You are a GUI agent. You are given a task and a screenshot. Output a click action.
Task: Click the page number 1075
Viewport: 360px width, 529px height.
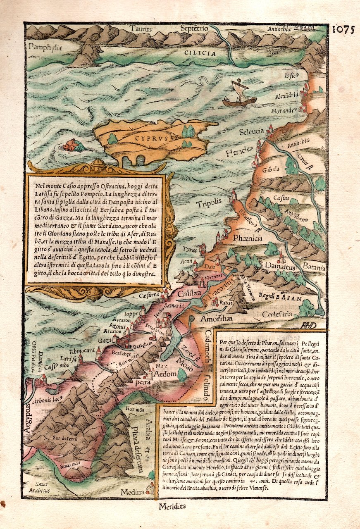(343, 30)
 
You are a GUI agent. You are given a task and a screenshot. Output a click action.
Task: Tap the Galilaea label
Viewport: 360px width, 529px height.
(189, 294)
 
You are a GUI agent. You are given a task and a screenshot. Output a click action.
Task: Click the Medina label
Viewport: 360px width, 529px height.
(133, 492)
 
